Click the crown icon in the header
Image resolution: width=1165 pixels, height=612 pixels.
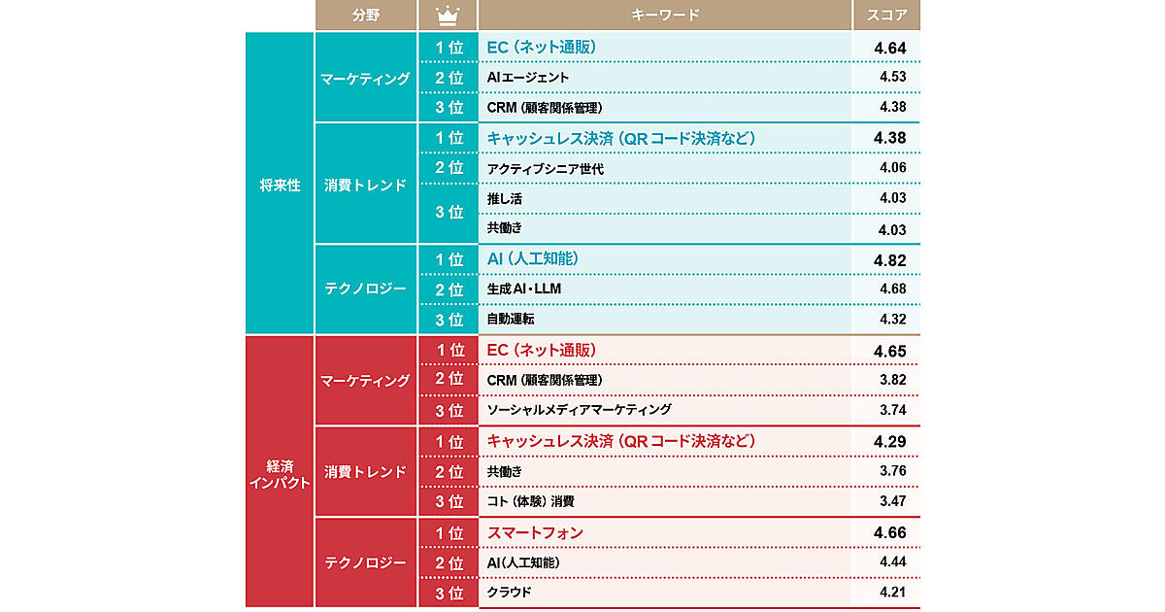click(448, 16)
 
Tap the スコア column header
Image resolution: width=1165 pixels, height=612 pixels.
click(886, 16)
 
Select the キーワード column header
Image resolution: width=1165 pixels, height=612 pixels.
click(665, 16)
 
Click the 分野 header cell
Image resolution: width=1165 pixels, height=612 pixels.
click(366, 16)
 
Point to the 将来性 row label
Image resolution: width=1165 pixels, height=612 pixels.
click(280, 185)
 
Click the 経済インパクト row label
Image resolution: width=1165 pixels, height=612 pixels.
click(280, 474)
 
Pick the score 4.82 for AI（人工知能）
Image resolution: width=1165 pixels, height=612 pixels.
click(890, 260)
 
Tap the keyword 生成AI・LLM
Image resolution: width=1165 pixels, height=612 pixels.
click(523, 289)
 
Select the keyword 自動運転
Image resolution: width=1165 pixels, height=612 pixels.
click(511, 319)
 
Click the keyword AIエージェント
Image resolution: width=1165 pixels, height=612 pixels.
click(527, 78)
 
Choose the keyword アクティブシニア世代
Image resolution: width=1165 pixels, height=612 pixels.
click(545, 169)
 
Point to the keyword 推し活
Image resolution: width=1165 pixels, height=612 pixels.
click(505, 199)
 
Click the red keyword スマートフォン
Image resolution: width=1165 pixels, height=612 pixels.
click(535, 533)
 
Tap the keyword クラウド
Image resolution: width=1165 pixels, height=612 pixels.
click(509, 593)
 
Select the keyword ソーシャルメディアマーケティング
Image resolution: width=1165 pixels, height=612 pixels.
click(579, 410)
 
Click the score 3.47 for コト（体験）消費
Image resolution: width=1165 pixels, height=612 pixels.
click(893, 501)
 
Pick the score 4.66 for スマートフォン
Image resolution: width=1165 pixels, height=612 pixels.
click(890, 533)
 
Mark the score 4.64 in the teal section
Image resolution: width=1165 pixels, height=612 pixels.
click(890, 49)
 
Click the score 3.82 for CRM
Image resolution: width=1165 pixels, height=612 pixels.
click(893, 380)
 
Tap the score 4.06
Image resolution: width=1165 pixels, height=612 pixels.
click(893, 167)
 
